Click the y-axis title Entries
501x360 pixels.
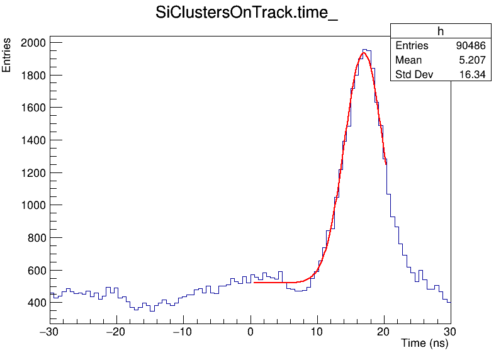click(7, 55)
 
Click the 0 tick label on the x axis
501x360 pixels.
click(250, 332)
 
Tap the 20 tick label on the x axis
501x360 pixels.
click(384, 332)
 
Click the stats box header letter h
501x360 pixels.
click(441, 31)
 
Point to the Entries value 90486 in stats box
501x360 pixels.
click(471, 46)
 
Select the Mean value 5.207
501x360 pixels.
click(473, 60)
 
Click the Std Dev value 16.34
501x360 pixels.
click(473, 75)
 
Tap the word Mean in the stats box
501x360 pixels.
click(408, 60)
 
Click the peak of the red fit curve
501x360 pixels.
click(363, 53)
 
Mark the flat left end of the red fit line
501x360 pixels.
click(255, 283)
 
